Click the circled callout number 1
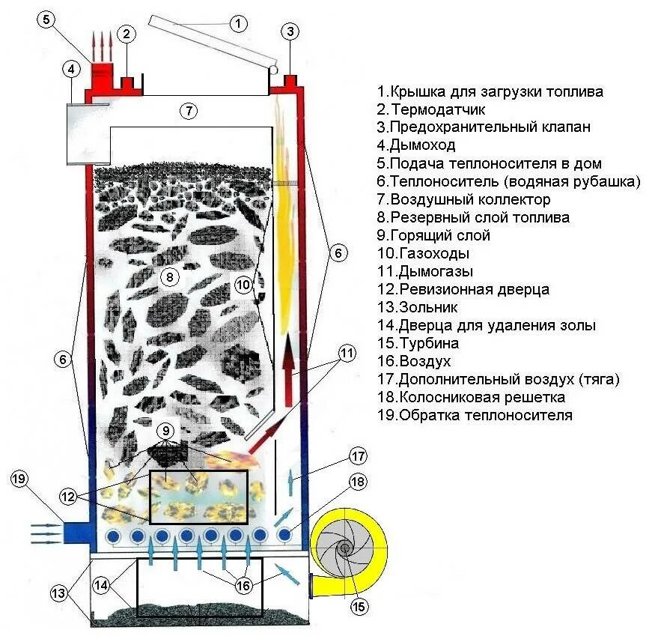click(x=238, y=23)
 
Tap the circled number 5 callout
click(x=47, y=20)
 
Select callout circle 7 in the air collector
click(x=189, y=111)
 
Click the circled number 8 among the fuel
click(x=170, y=277)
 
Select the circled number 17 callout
click(x=357, y=455)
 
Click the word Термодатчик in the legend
click(x=430, y=109)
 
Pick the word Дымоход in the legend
click(x=423, y=145)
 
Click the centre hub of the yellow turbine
click(x=345, y=548)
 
